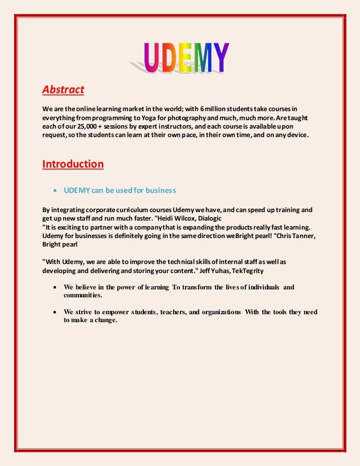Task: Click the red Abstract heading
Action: [63, 89]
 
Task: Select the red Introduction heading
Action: [73, 164]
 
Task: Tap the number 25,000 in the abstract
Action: [88, 126]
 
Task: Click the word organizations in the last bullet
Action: [218, 312]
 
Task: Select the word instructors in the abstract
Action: [167, 126]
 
